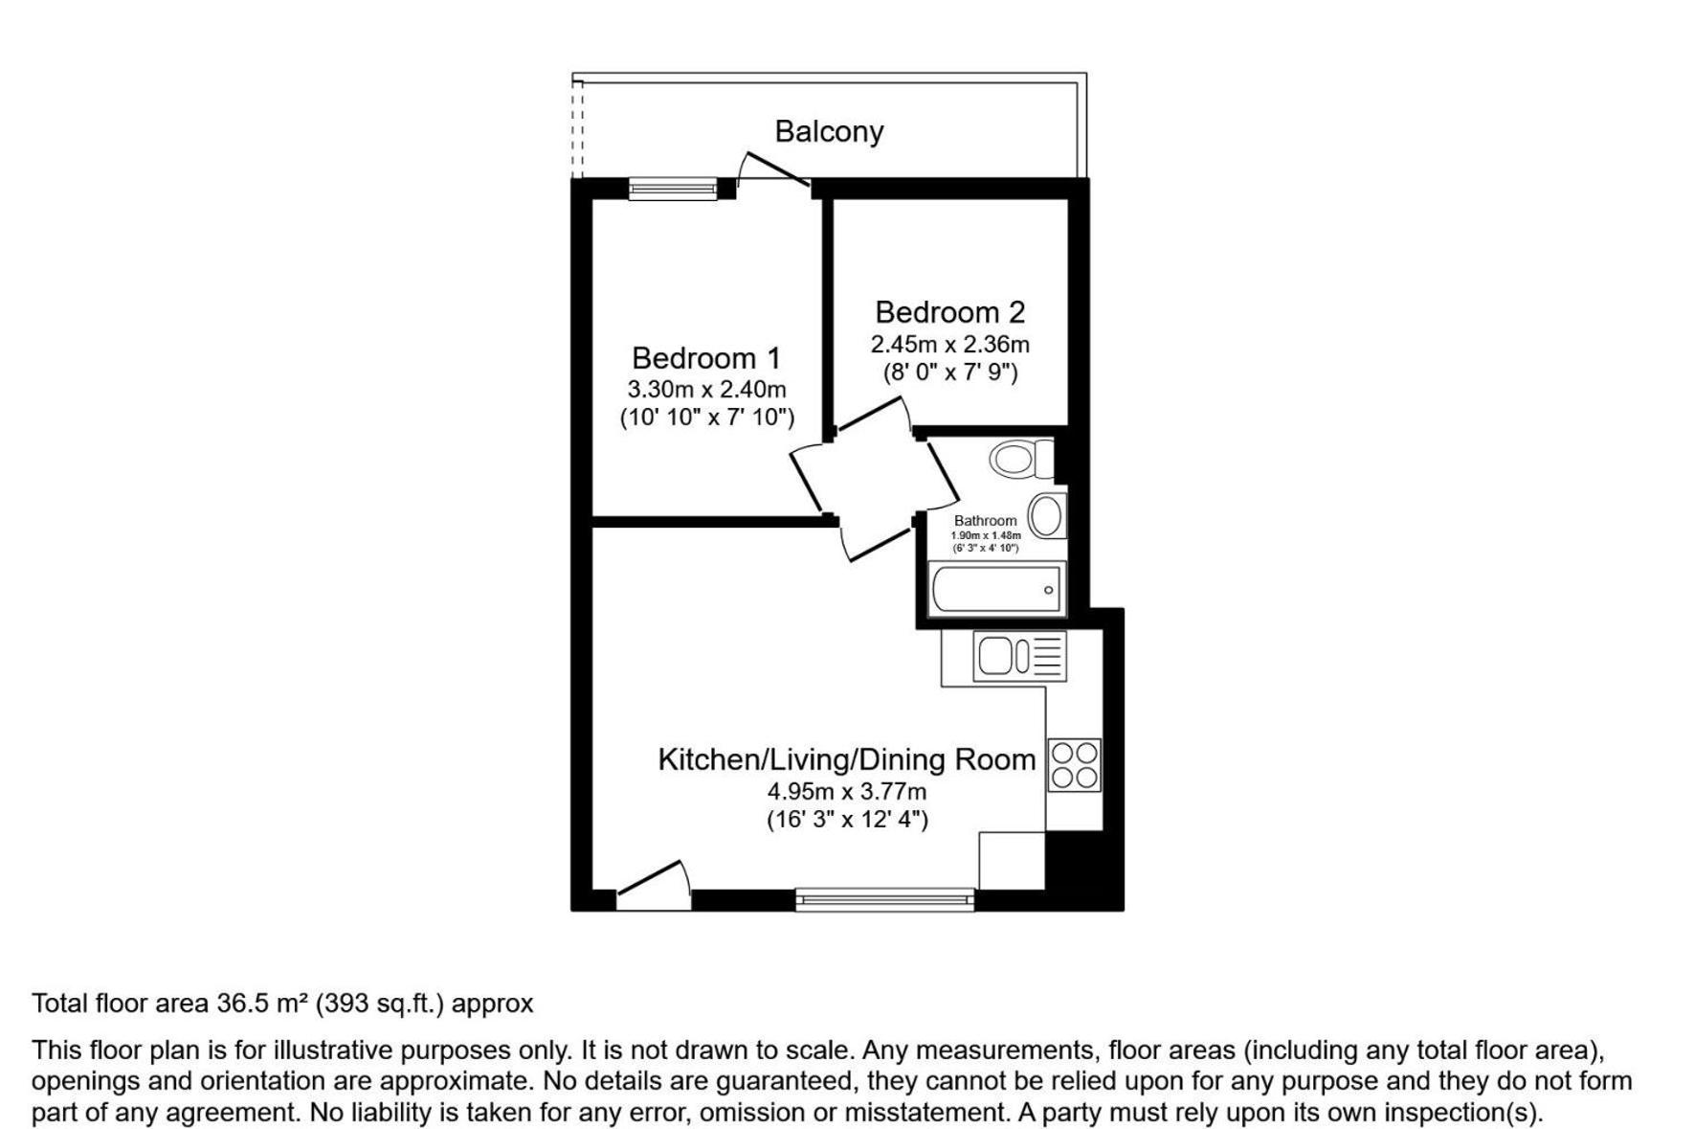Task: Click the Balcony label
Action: click(829, 131)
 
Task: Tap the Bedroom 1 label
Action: click(706, 358)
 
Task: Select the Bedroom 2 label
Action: click(949, 312)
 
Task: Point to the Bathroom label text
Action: click(985, 521)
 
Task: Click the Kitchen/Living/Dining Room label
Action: click(847, 759)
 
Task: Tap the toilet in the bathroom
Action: click(1020, 459)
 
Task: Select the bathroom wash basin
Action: click(1048, 516)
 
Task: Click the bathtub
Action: click(996, 588)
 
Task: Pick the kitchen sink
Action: click(1019, 656)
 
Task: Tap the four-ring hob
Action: click(1075, 764)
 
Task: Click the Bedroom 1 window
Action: click(673, 189)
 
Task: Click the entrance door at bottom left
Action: click(654, 885)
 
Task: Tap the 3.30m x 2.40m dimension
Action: click(706, 390)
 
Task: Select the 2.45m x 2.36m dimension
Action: click(949, 344)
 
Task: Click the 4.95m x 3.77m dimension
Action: click(847, 792)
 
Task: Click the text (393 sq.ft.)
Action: click(380, 1004)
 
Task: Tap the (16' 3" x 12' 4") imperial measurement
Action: click(847, 820)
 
